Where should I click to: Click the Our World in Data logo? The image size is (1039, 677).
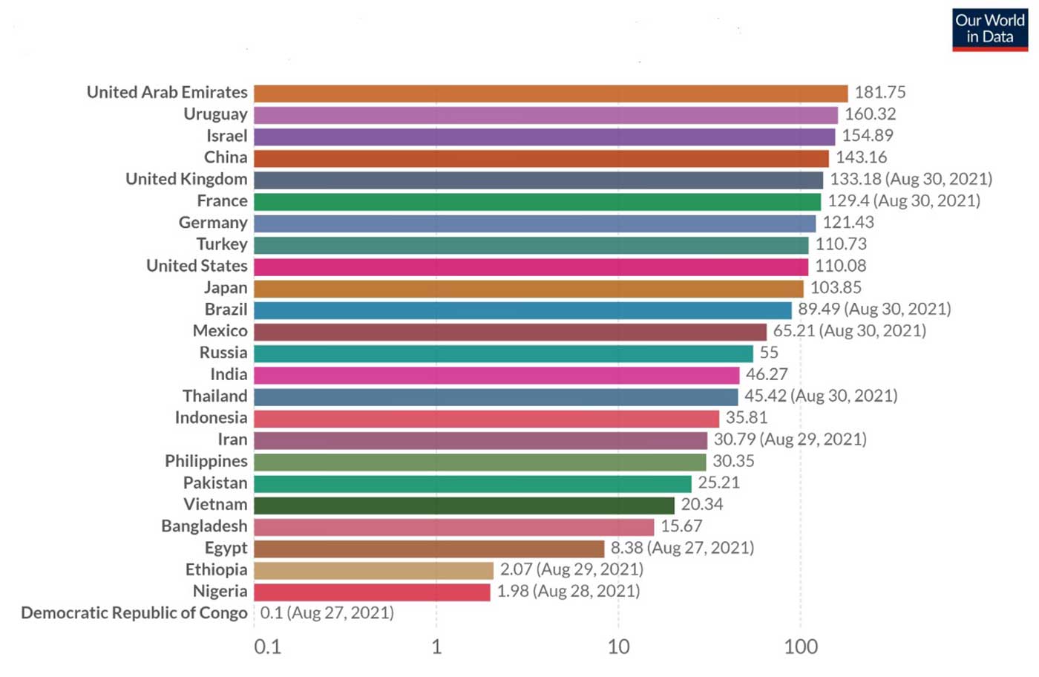click(x=989, y=29)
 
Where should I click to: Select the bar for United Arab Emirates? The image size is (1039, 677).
click(x=550, y=93)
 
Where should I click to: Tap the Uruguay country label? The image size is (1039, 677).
click(x=215, y=114)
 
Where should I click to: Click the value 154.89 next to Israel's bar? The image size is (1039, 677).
click(x=867, y=136)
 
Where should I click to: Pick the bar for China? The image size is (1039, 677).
click(x=541, y=158)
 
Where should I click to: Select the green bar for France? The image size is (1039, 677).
click(x=537, y=201)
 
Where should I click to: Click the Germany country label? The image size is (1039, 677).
click(x=213, y=223)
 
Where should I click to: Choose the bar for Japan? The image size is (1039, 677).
click(x=528, y=288)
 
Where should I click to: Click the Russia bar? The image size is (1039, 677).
click(x=503, y=353)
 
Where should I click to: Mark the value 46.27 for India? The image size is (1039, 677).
click(x=767, y=374)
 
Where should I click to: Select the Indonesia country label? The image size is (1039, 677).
click(x=211, y=418)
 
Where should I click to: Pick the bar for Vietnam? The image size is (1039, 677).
click(x=464, y=505)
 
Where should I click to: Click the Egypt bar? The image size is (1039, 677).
click(x=429, y=549)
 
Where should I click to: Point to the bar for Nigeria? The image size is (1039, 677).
click(x=372, y=592)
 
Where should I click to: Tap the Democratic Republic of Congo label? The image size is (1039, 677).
click(x=134, y=613)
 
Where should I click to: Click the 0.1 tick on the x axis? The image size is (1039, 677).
click(x=267, y=647)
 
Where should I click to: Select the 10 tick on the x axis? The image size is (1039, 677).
click(x=618, y=647)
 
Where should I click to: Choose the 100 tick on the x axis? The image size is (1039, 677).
click(x=801, y=647)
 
